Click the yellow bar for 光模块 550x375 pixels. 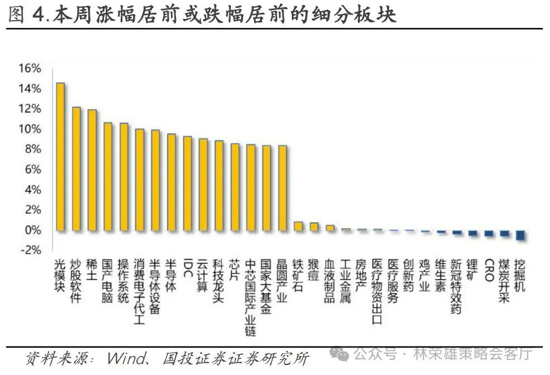pyautogui.click(x=60, y=157)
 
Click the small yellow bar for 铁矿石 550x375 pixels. pyautogui.click(x=298, y=226)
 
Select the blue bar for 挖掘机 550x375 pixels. pyautogui.click(x=520, y=235)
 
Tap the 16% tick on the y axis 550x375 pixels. pyautogui.click(x=30, y=68)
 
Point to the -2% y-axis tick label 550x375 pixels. pyautogui.click(x=30, y=250)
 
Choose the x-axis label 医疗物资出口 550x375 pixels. pyautogui.click(x=377, y=292)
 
